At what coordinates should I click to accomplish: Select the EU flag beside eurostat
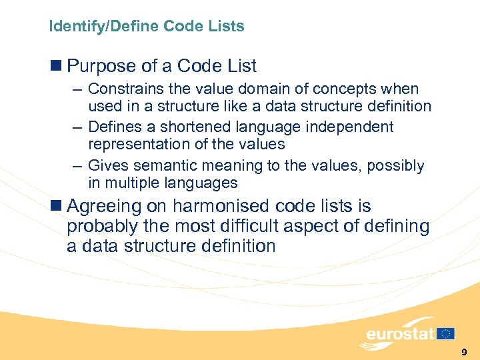point(446,333)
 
